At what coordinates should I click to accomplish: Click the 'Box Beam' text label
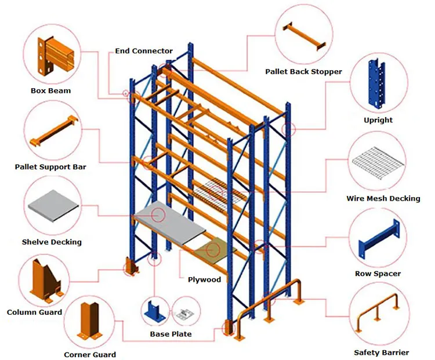[50, 90]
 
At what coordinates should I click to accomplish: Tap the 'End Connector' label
[144, 51]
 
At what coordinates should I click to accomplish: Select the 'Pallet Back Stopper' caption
[303, 72]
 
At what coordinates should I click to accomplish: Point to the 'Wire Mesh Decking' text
[383, 198]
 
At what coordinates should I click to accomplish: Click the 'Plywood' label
[204, 279]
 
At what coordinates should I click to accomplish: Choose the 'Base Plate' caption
[171, 334]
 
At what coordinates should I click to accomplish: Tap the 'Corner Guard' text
[90, 354]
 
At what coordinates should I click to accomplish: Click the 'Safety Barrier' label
[381, 352]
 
